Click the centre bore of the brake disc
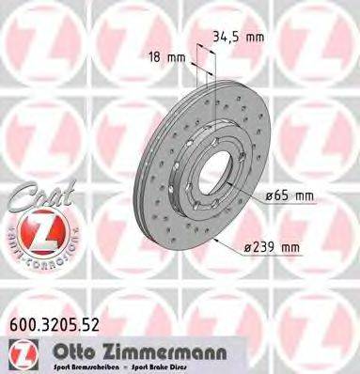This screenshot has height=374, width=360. point(212,169)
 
